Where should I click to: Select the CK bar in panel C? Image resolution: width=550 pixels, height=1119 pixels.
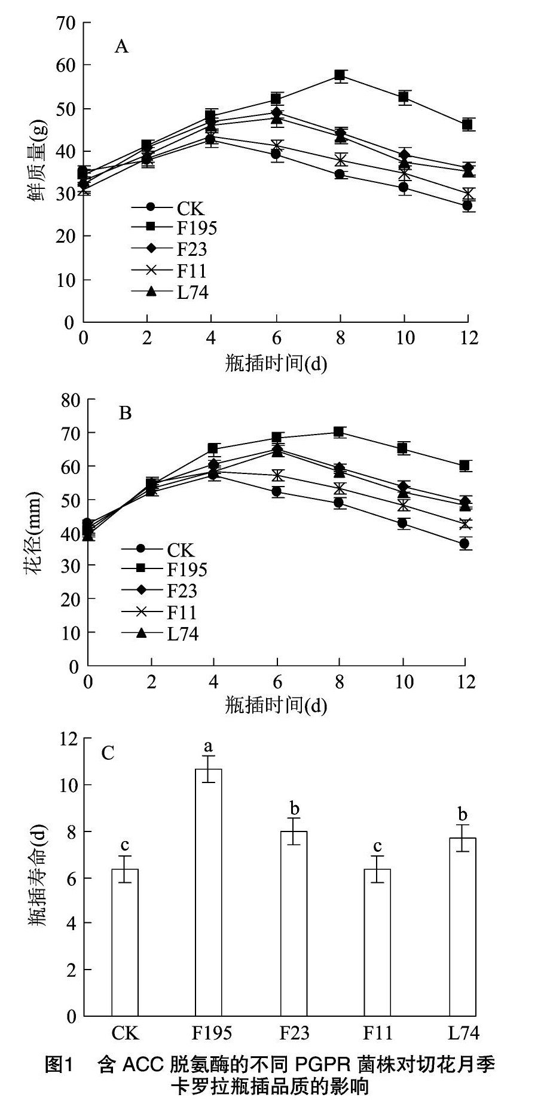[125, 942]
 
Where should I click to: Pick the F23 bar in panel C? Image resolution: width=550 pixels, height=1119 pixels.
[294, 924]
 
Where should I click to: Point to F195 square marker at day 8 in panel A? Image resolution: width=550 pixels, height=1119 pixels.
[340, 75]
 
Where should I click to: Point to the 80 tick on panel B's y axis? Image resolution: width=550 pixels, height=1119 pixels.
[70, 399]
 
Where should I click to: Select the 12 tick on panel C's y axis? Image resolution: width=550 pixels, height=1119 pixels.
[68, 739]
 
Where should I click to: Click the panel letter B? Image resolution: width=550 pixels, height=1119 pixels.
[125, 413]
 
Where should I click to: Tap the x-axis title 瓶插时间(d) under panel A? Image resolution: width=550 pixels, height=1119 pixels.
[276, 363]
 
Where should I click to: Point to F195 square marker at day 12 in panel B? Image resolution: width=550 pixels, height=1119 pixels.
[465, 466]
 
